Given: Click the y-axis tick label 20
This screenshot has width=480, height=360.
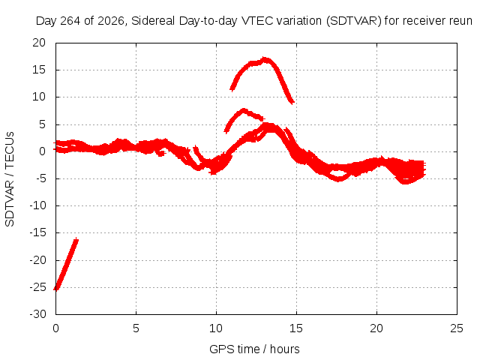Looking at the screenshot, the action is (39, 43).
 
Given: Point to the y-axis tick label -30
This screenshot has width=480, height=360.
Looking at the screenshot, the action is (37, 314).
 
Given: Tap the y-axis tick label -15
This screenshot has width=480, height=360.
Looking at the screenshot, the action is (37, 232).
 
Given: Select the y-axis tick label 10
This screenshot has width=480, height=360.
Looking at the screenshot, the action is (39, 97).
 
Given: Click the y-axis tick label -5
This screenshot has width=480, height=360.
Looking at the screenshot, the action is (39, 178).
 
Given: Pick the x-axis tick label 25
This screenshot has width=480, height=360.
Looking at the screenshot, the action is (457, 328).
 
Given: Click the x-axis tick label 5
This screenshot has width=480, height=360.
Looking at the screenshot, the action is (136, 328).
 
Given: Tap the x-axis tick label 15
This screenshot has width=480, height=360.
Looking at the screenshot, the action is (296, 328).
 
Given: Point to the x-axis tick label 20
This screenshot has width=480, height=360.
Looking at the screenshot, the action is (376, 328).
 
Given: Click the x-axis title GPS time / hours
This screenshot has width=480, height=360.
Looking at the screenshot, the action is (254, 349).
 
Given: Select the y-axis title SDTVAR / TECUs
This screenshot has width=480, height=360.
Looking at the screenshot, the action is (10, 179).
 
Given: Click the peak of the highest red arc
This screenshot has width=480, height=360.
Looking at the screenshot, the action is (265, 58).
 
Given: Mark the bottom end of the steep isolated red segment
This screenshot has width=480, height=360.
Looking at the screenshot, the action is (56, 289).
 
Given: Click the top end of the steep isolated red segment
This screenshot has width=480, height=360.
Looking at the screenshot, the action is (76, 240).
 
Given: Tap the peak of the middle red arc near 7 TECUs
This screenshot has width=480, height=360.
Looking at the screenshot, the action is (244, 110).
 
